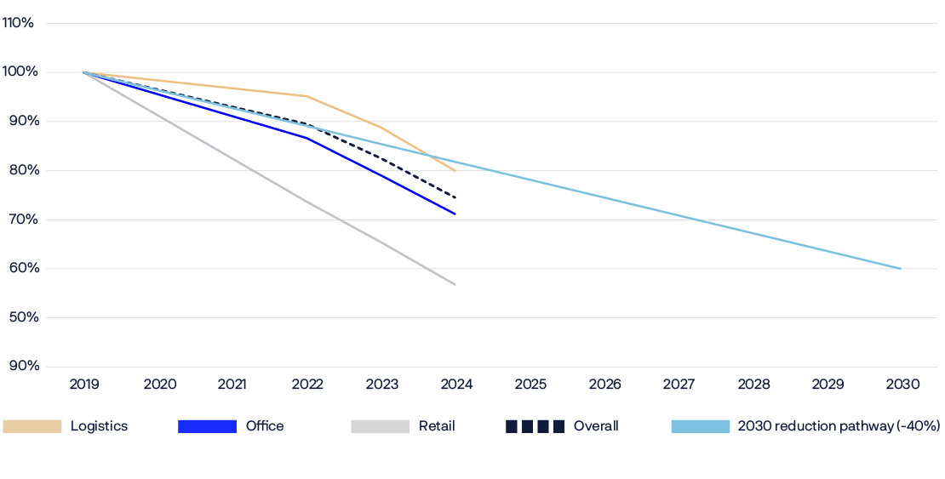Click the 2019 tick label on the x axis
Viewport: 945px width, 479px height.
[x=84, y=385]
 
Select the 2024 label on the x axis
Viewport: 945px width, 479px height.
[x=456, y=385]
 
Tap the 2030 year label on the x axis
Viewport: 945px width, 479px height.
[x=902, y=385]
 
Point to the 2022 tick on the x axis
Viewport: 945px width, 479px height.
[x=307, y=385]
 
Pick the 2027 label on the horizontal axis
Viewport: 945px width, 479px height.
[x=679, y=385]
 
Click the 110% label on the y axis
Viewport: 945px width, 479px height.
[x=18, y=23]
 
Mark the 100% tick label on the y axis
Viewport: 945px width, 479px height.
[x=18, y=72]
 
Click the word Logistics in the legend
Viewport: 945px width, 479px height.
[x=99, y=426]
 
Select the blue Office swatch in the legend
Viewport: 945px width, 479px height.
[x=207, y=426]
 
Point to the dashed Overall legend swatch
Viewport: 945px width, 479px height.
[x=535, y=426]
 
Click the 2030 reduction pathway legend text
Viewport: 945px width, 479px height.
[x=839, y=426]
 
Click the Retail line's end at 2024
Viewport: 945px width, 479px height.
[x=456, y=284]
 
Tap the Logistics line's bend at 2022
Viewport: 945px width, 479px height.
[x=306, y=96]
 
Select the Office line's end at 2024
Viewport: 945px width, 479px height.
[x=456, y=214]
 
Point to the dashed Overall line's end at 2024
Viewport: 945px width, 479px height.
[x=456, y=197]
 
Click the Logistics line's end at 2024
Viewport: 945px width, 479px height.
[x=456, y=171]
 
